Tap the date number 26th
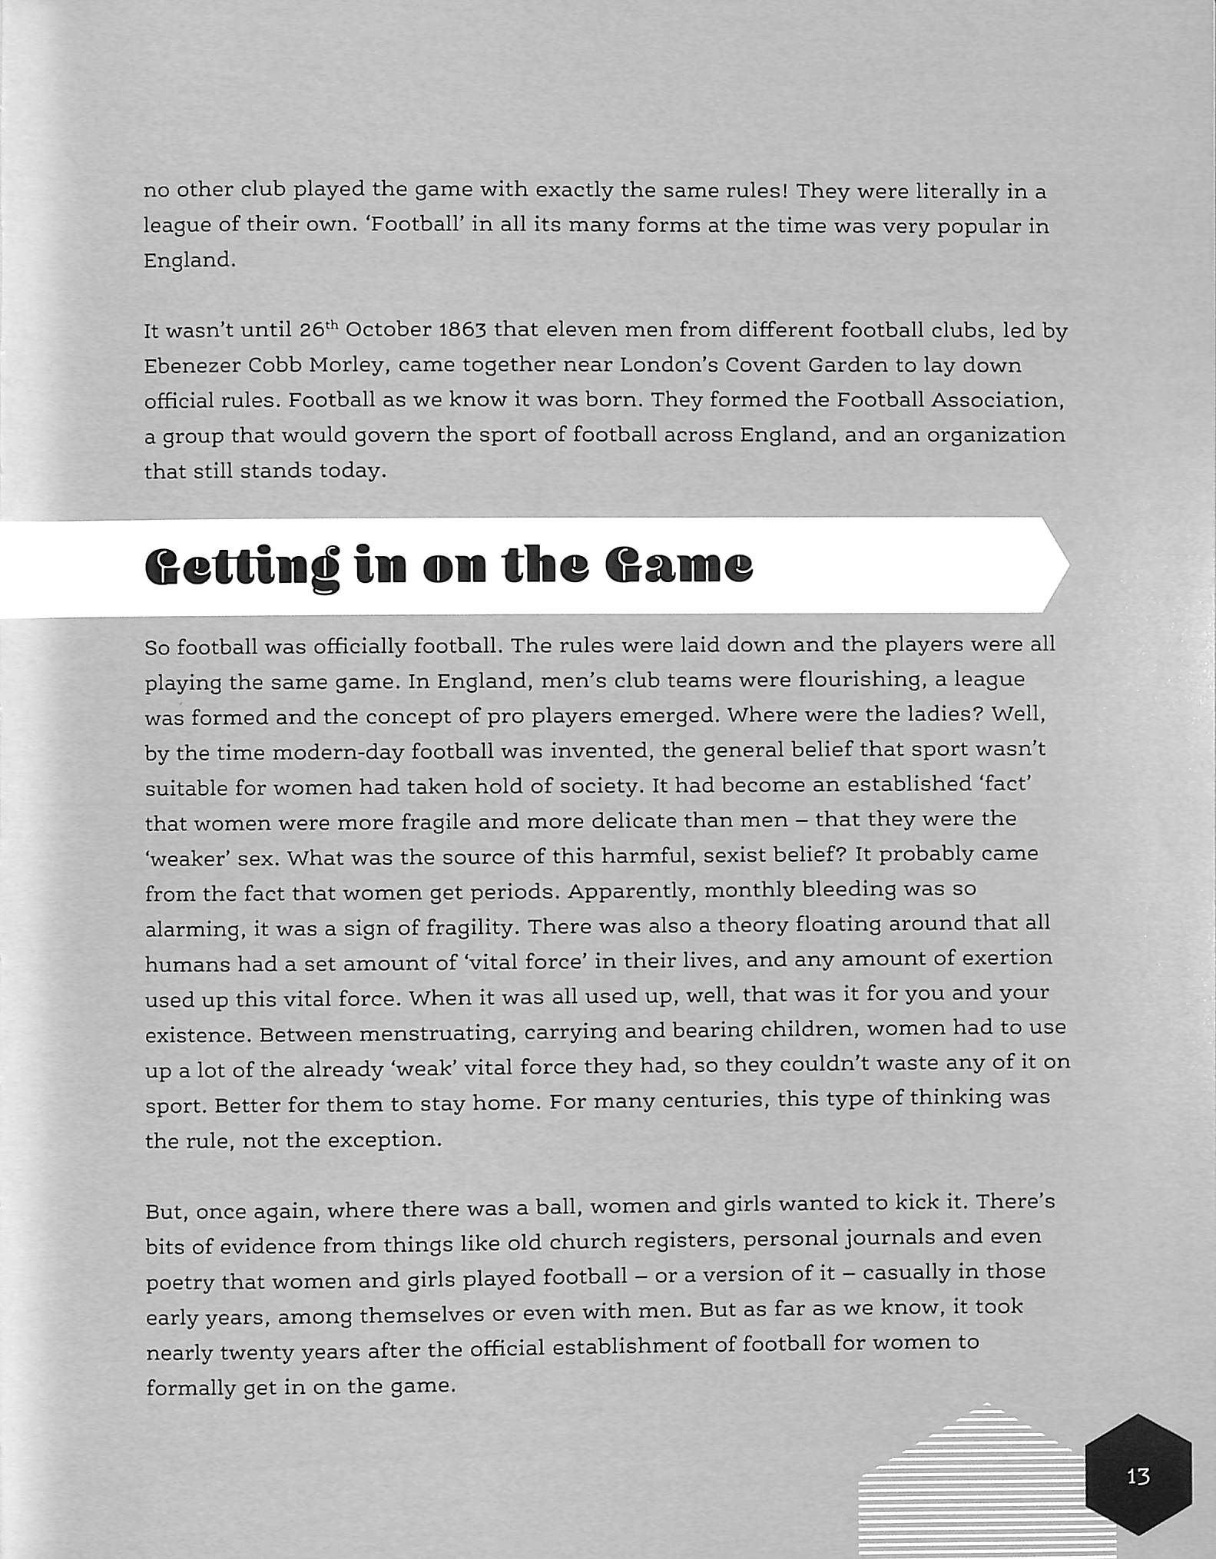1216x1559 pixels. pos(318,330)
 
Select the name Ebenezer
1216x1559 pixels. pos(192,366)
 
